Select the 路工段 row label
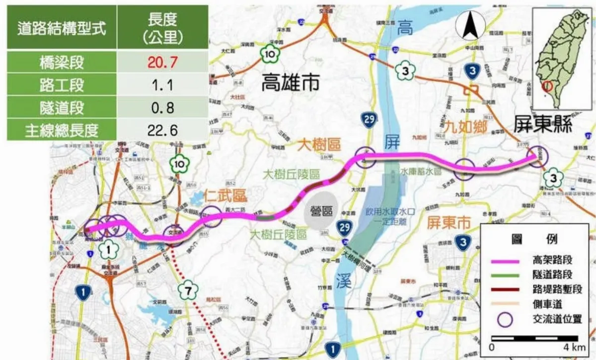(x=62, y=85)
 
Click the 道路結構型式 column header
(x=62, y=28)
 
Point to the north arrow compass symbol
(x=469, y=26)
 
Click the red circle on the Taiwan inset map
(x=547, y=86)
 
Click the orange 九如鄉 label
(x=465, y=127)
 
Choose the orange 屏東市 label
(x=448, y=224)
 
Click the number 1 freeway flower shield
(x=109, y=250)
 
